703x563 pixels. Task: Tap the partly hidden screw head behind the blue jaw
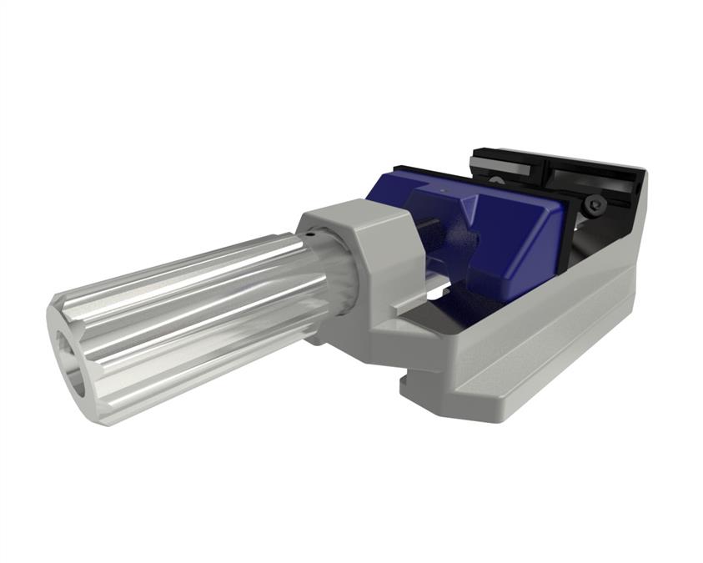(498, 178)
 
